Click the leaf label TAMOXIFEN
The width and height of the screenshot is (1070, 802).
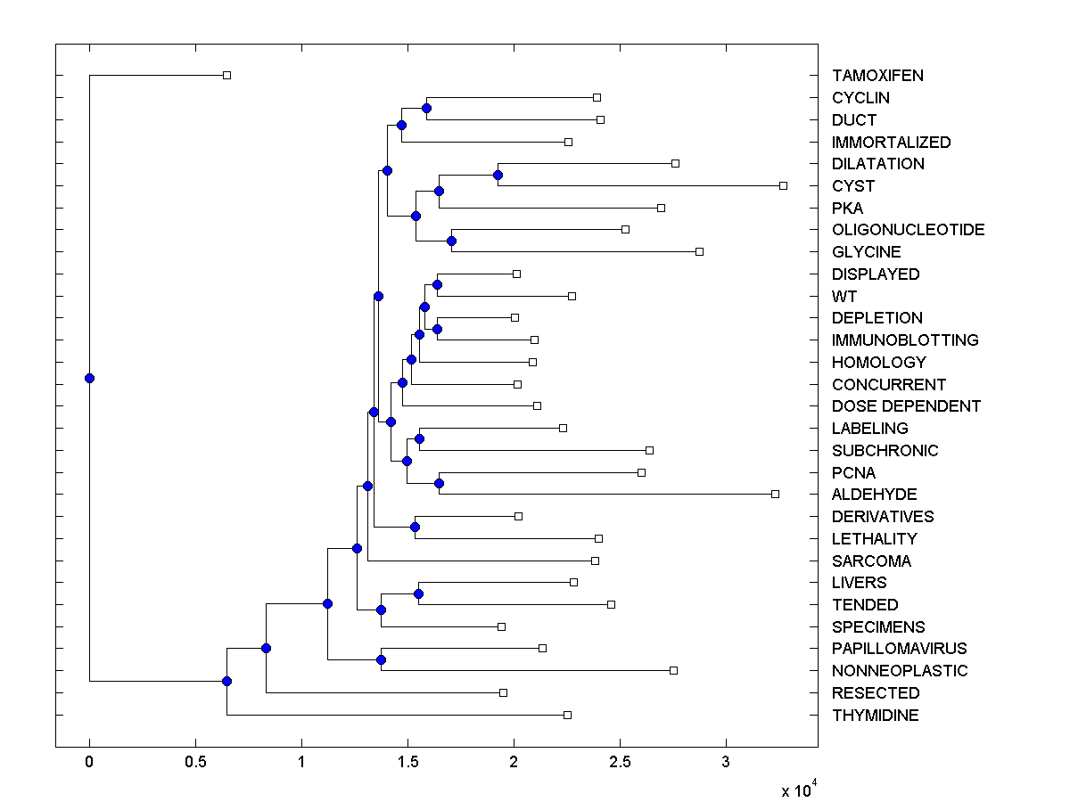(877, 76)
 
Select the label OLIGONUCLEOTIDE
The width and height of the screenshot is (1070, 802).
(908, 230)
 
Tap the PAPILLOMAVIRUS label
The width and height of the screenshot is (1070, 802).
(899, 649)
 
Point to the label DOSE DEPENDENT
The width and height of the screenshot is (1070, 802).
(906, 406)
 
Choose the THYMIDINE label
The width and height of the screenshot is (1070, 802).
(875, 716)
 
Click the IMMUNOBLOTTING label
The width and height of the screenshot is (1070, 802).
(905, 340)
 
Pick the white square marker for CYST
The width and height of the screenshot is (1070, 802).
(783, 185)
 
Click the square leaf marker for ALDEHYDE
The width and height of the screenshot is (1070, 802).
(775, 494)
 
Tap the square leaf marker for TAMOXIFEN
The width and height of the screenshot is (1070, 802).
(226, 75)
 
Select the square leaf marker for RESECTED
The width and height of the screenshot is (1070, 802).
(503, 692)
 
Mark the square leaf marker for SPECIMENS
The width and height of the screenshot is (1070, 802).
(501, 626)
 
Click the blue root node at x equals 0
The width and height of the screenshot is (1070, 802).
(89, 378)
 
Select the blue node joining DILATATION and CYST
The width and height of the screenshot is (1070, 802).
(498, 175)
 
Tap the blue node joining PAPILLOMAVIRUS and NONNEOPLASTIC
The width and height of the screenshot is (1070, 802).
(381, 659)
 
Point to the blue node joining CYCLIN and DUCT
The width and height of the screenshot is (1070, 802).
(426, 108)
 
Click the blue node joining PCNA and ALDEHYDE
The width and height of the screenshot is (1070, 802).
(439, 483)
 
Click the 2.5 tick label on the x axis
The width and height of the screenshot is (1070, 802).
(620, 763)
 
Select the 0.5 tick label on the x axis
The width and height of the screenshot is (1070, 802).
(195, 763)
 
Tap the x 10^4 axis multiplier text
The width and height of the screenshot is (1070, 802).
(798, 790)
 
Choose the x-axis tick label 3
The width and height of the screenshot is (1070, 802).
(726, 763)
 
